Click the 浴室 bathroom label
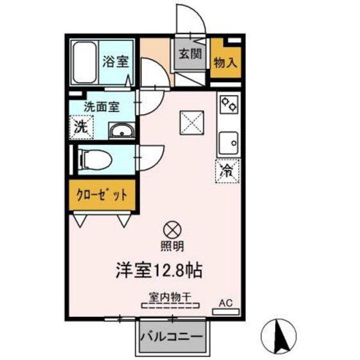click(x=116, y=62)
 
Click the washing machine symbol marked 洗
click(x=82, y=127)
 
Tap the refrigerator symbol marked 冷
click(x=226, y=170)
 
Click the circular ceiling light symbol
click(x=172, y=229)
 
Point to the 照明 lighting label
click(x=172, y=245)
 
